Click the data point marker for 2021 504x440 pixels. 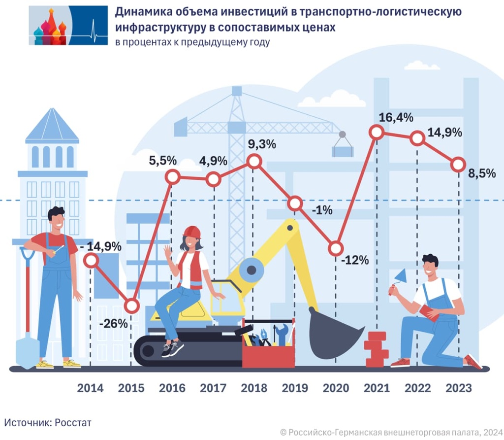click(377, 132)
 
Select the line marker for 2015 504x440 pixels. click(131, 306)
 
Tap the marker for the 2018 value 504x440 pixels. click(254, 161)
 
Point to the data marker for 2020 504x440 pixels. click(336, 248)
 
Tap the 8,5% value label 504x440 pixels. click(482, 173)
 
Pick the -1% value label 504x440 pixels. click(322, 210)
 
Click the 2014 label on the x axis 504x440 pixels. click(91, 388)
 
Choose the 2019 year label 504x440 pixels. click(295, 388)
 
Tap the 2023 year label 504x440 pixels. click(458, 388)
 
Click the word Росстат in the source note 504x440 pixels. click(73, 422)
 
